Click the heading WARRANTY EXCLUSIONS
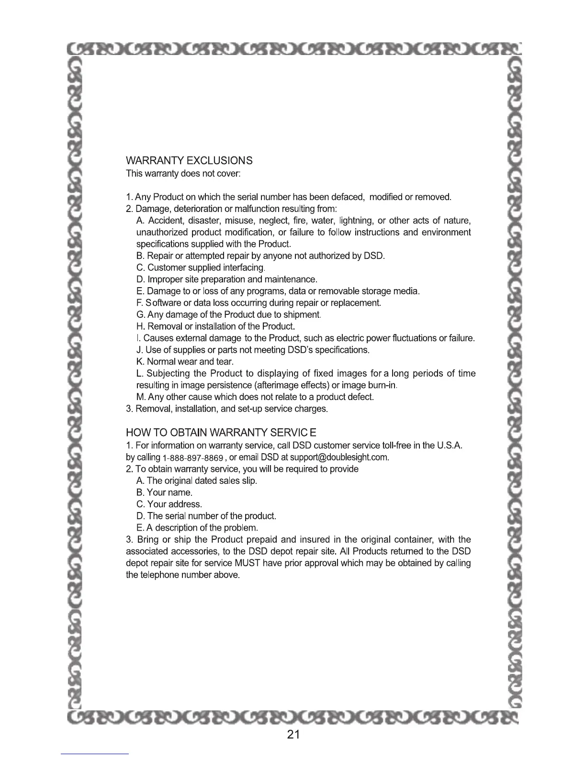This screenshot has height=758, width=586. tap(189, 160)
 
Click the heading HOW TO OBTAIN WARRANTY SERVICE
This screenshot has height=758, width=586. tap(221, 433)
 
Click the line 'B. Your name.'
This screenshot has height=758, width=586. tap(165, 492)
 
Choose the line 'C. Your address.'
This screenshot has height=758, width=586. tap(169, 504)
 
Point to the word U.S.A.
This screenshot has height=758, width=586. tap(450, 446)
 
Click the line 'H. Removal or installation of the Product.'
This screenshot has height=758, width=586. tap(215, 326)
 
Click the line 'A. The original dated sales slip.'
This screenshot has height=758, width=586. tap(197, 480)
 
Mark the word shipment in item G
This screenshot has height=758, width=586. tap(301, 315)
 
